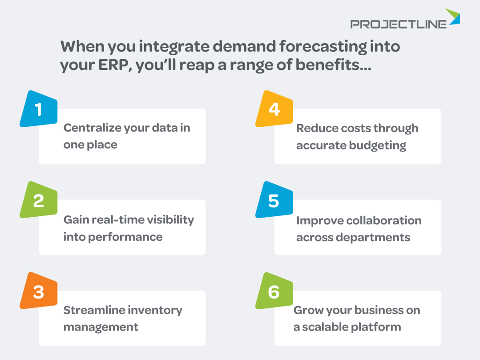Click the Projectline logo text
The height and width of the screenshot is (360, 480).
[x=398, y=24]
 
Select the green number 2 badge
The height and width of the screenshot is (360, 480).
[x=39, y=200]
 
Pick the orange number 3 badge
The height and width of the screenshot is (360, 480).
[x=39, y=291]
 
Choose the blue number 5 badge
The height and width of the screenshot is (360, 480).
[x=274, y=200]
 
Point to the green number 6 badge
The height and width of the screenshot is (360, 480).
[x=274, y=291]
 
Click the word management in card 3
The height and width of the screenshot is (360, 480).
[x=101, y=327]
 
